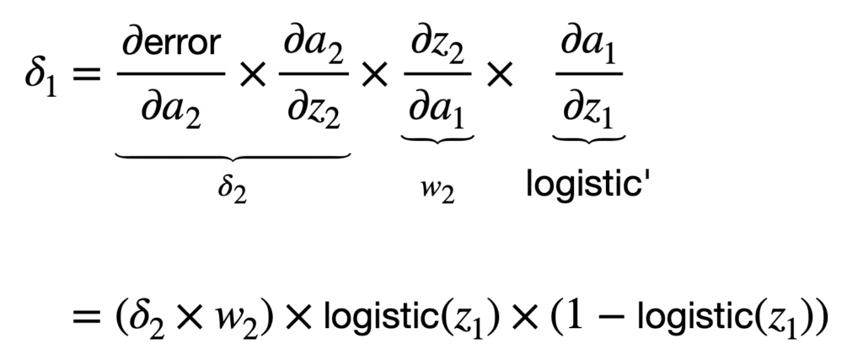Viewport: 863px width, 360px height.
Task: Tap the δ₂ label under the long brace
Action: [x=233, y=187]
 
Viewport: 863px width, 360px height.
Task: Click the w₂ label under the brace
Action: [x=437, y=191]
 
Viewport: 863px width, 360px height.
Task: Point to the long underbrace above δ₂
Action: [x=233, y=158]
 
